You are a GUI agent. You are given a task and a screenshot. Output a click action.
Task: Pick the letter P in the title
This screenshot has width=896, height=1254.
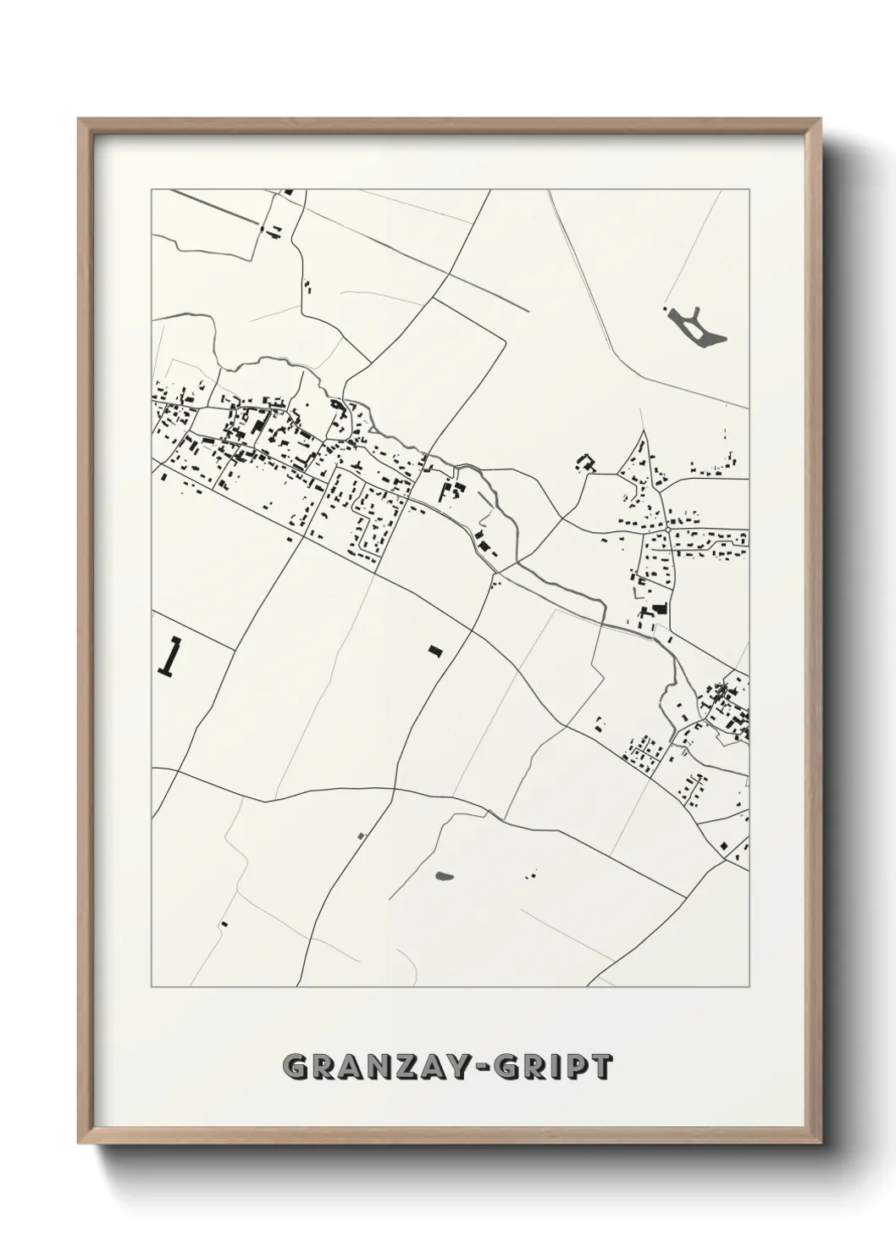(572, 1067)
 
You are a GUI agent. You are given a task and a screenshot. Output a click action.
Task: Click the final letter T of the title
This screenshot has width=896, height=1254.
(599, 1067)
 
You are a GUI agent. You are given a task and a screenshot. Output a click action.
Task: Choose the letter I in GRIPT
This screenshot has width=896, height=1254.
(552, 1067)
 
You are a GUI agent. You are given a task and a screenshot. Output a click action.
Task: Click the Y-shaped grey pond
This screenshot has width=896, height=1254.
(697, 327)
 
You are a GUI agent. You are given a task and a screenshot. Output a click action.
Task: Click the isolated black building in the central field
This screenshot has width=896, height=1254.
(435, 651)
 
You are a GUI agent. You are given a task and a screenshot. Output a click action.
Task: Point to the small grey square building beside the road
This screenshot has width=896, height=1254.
(361, 835)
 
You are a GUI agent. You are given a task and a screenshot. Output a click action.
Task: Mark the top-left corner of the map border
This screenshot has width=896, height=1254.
(152, 190)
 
